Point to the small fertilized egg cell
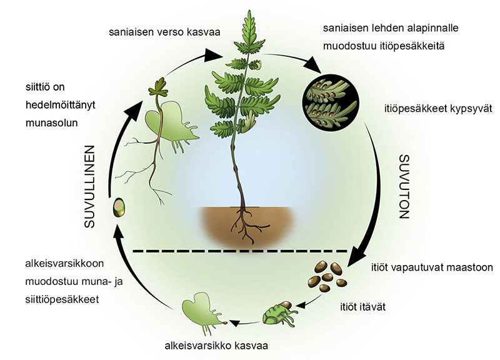coord(117,208)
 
